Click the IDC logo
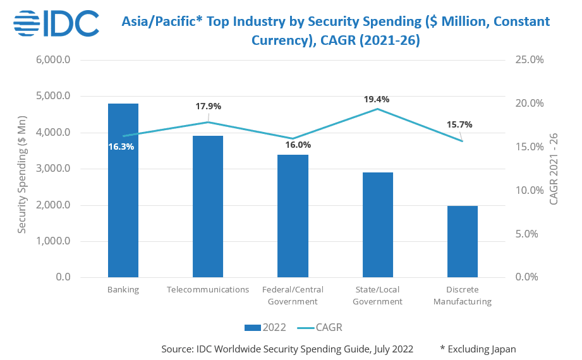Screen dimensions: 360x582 (x=56, y=23)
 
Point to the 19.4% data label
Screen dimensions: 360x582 (x=377, y=99)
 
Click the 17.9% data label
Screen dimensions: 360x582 (x=208, y=106)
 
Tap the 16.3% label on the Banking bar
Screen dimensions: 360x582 (x=121, y=147)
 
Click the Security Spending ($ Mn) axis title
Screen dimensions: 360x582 (x=22, y=169)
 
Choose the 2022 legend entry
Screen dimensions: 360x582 (x=265, y=327)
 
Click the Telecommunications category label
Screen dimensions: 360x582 (x=208, y=290)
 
